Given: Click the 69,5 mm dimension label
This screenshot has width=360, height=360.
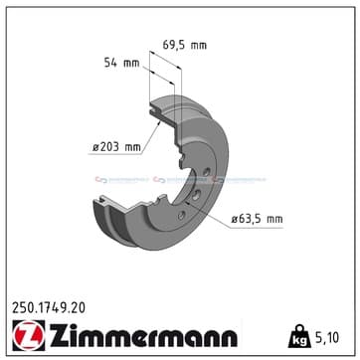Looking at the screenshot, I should [x=186, y=45].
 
